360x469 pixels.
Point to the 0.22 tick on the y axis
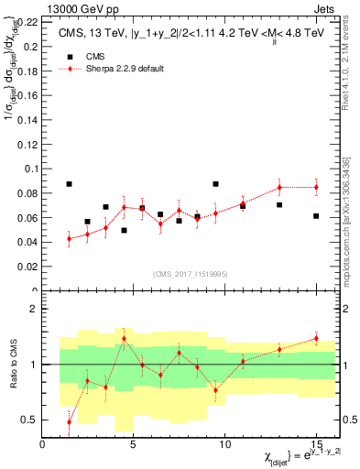[29, 20]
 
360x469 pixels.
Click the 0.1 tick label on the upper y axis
[32, 169]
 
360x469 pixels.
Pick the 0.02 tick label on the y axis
[29, 267]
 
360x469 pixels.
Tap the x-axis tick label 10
[224, 445]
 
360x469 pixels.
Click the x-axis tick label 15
[316, 445]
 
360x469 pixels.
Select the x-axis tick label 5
[134, 445]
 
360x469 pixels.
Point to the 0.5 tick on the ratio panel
[28, 420]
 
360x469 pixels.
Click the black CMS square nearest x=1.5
[70, 184]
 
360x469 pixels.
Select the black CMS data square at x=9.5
[215, 184]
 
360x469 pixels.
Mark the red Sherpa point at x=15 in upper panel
[316, 187]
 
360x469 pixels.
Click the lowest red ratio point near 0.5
[70, 421]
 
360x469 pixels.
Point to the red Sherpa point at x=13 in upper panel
[279, 187]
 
